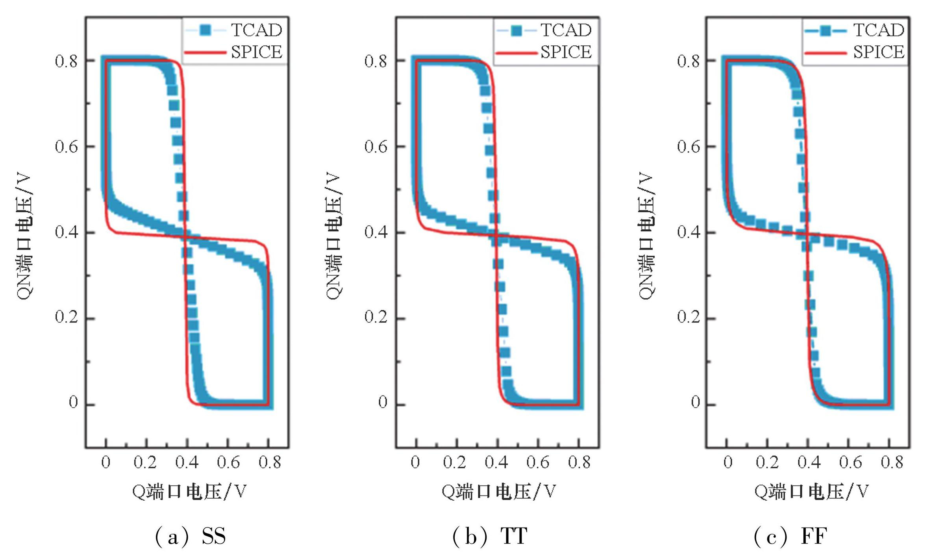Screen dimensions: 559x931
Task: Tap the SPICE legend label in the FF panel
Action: point(879,52)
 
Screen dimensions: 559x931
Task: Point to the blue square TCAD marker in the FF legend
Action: point(825,30)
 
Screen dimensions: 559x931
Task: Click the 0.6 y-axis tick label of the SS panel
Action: point(66,147)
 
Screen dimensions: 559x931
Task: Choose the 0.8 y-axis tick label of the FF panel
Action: point(689,61)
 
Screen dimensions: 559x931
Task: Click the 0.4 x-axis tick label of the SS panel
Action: point(187,462)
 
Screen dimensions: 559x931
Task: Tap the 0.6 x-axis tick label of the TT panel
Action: point(538,462)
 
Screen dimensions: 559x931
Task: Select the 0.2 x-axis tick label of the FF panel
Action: point(767,462)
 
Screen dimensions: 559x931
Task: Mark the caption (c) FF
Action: point(790,536)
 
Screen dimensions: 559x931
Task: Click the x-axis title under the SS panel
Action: point(189,491)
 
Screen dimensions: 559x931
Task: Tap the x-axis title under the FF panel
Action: point(811,491)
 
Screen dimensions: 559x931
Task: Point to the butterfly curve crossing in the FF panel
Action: point(807,235)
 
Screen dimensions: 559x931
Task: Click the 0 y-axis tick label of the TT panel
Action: point(383,403)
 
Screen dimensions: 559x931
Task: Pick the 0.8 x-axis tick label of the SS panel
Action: point(270,462)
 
